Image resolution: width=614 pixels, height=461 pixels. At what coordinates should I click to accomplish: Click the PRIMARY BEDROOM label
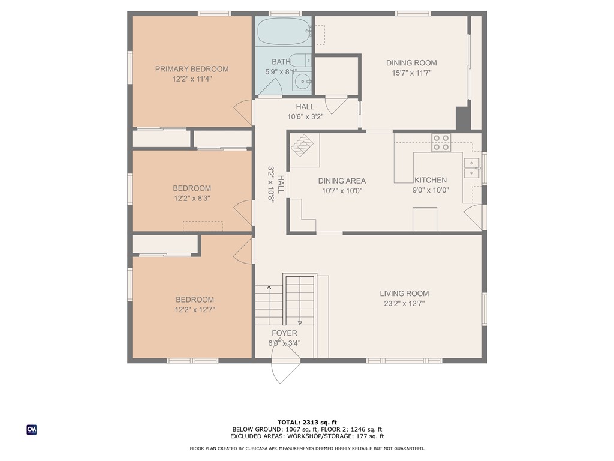(192, 69)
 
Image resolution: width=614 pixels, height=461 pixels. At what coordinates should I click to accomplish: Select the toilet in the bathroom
(299, 61)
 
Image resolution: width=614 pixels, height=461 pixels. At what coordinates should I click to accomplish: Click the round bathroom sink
(303, 82)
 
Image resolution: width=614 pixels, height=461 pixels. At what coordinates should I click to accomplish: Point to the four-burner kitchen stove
(441, 142)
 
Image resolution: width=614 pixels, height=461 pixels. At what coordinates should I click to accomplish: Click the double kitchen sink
(472, 167)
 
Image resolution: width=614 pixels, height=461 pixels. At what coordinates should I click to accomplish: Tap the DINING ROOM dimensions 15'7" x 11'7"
(411, 73)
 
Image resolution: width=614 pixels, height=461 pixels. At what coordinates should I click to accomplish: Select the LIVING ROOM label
(404, 294)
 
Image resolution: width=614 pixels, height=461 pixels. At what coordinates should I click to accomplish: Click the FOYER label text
(284, 333)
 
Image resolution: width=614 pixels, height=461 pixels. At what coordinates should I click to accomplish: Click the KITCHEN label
(430, 180)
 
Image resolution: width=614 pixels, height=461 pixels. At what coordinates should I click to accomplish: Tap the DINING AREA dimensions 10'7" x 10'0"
(342, 191)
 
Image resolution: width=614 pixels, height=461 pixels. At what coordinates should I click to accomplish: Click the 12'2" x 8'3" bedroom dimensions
(192, 197)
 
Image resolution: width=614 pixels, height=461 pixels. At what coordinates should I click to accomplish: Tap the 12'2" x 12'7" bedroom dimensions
(195, 310)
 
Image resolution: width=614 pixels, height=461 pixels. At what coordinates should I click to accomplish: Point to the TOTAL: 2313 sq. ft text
(306, 422)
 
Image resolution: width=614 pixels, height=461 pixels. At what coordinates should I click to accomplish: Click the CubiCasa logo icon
(32, 429)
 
